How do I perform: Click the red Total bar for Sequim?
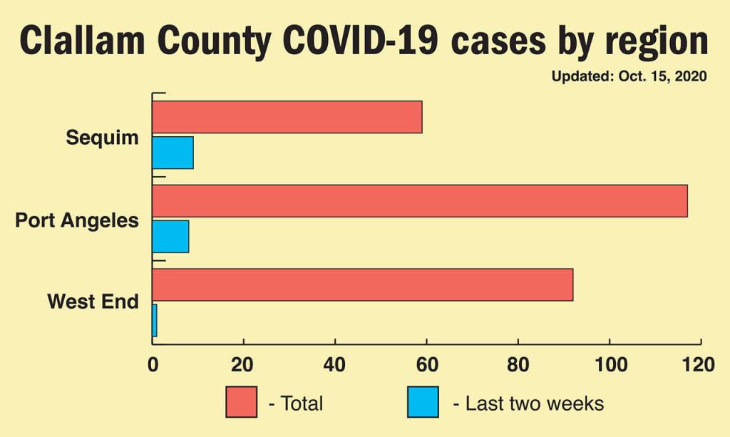[x=287, y=117]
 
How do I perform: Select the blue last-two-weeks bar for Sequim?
[x=173, y=153]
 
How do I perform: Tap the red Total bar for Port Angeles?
[x=420, y=201]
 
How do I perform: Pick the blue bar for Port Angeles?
[x=170, y=237]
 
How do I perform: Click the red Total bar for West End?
[x=362, y=285]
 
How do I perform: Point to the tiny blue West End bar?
[x=154, y=320]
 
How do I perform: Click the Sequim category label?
[x=102, y=137]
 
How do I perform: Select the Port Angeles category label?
[x=77, y=220]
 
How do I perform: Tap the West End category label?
[x=93, y=302]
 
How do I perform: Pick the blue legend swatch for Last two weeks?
[x=423, y=402]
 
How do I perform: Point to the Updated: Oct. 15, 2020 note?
[x=629, y=76]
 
